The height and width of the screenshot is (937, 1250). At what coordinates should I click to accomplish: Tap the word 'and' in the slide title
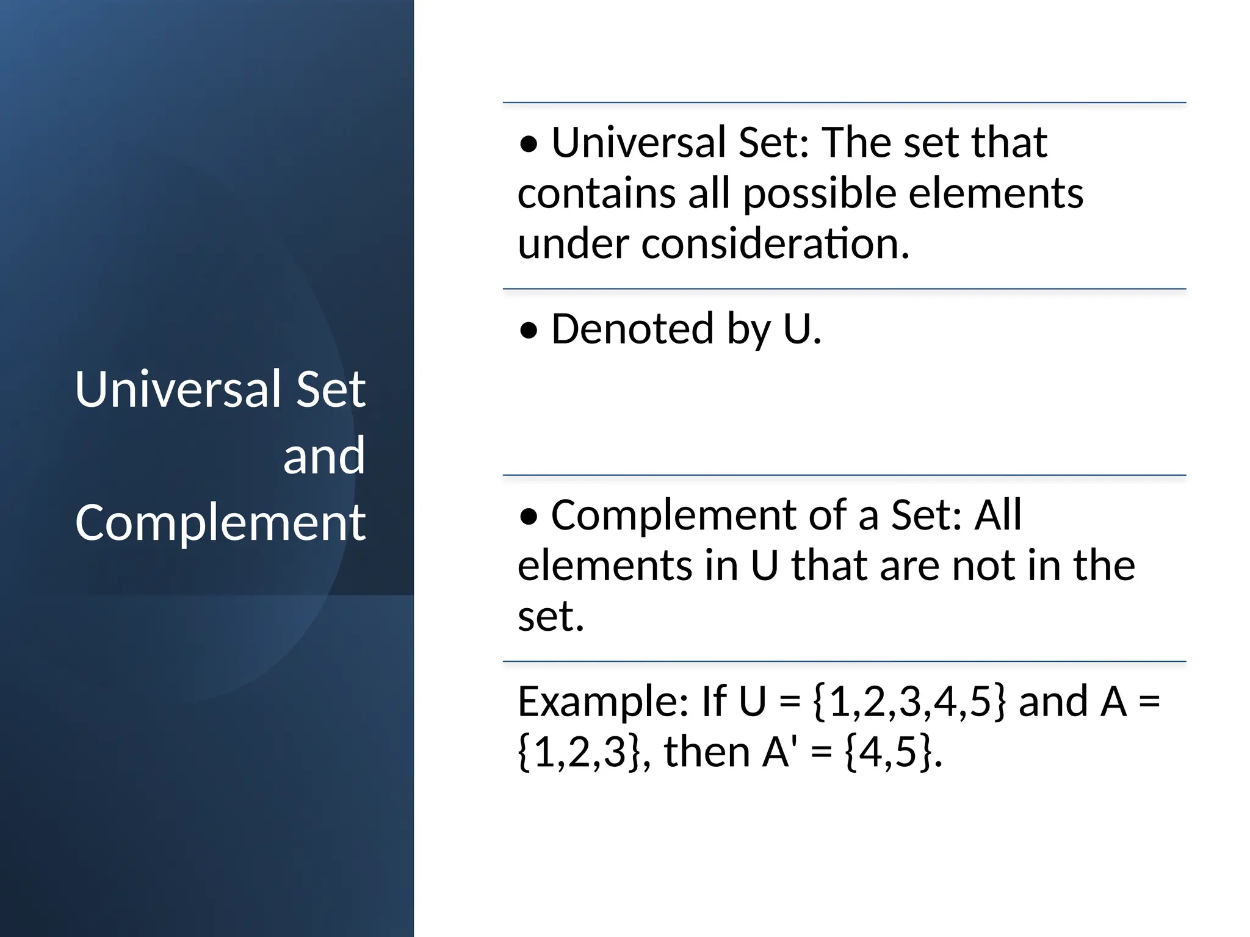pyautogui.click(x=324, y=456)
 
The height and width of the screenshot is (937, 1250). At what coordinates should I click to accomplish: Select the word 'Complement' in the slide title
pyautogui.click(x=220, y=523)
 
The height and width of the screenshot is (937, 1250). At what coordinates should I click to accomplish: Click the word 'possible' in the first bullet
pyautogui.click(x=820, y=194)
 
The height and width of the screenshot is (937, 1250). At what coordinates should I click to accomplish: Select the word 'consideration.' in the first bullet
pyautogui.click(x=775, y=244)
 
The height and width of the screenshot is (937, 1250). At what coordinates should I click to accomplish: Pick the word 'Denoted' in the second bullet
pyautogui.click(x=632, y=329)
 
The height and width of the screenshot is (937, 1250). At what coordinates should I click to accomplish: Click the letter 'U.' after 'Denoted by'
pyautogui.click(x=802, y=329)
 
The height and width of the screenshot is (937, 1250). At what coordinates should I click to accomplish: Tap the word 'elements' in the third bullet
pyautogui.click(x=604, y=565)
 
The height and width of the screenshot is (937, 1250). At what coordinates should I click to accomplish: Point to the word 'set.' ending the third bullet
pyautogui.click(x=551, y=616)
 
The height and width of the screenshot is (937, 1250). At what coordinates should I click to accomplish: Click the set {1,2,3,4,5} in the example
pyautogui.click(x=909, y=702)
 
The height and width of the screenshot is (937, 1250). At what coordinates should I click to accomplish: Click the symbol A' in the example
pyautogui.click(x=777, y=752)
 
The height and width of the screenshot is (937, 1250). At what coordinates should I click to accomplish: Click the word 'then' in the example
pyautogui.click(x=707, y=752)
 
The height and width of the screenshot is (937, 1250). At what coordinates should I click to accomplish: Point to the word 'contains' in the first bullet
pyautogui.click(x=596, y=194)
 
